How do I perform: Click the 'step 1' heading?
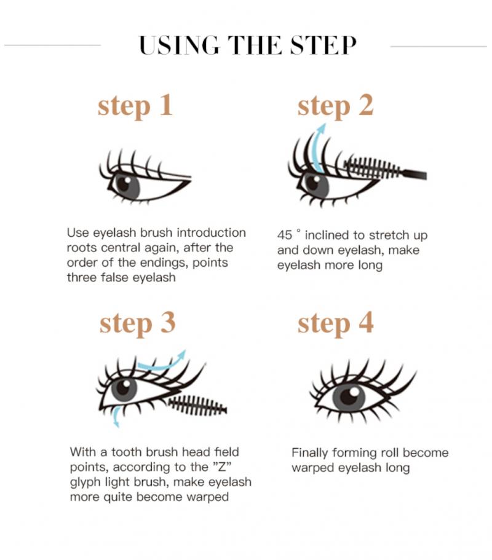coord(135,106)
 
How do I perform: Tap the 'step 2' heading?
coord(335,106)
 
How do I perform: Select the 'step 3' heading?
coord(137,323)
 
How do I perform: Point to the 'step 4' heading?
coord(335,323)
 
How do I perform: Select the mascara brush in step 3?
coord(197,405)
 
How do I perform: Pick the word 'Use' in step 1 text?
coord(78,233)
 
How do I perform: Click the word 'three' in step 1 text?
coord(82,277)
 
